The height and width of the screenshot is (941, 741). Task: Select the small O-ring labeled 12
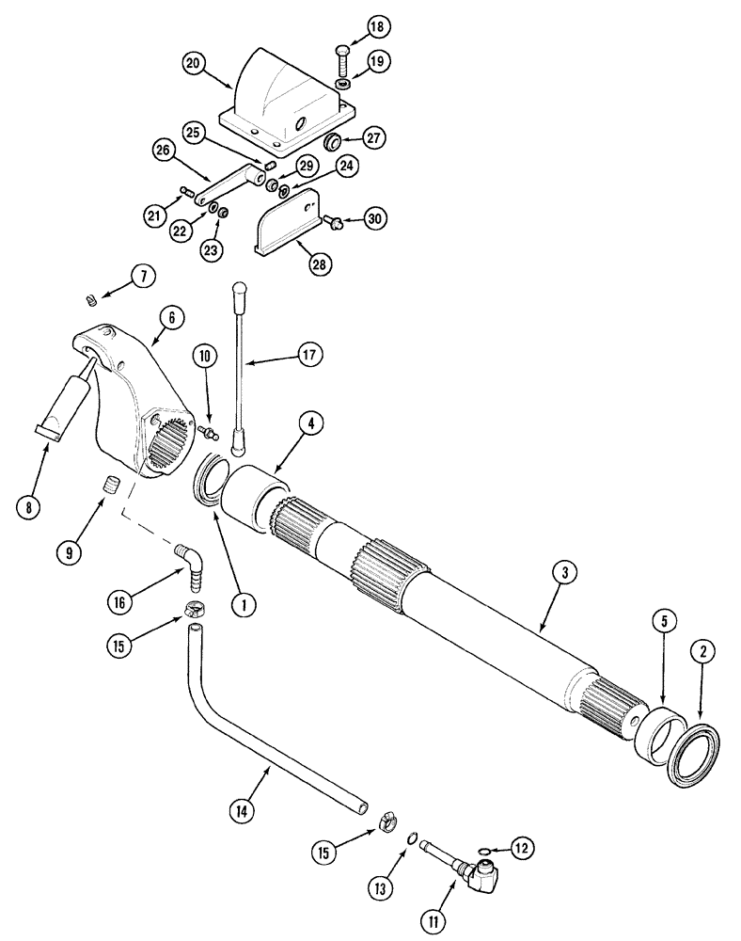pos(484,851)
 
